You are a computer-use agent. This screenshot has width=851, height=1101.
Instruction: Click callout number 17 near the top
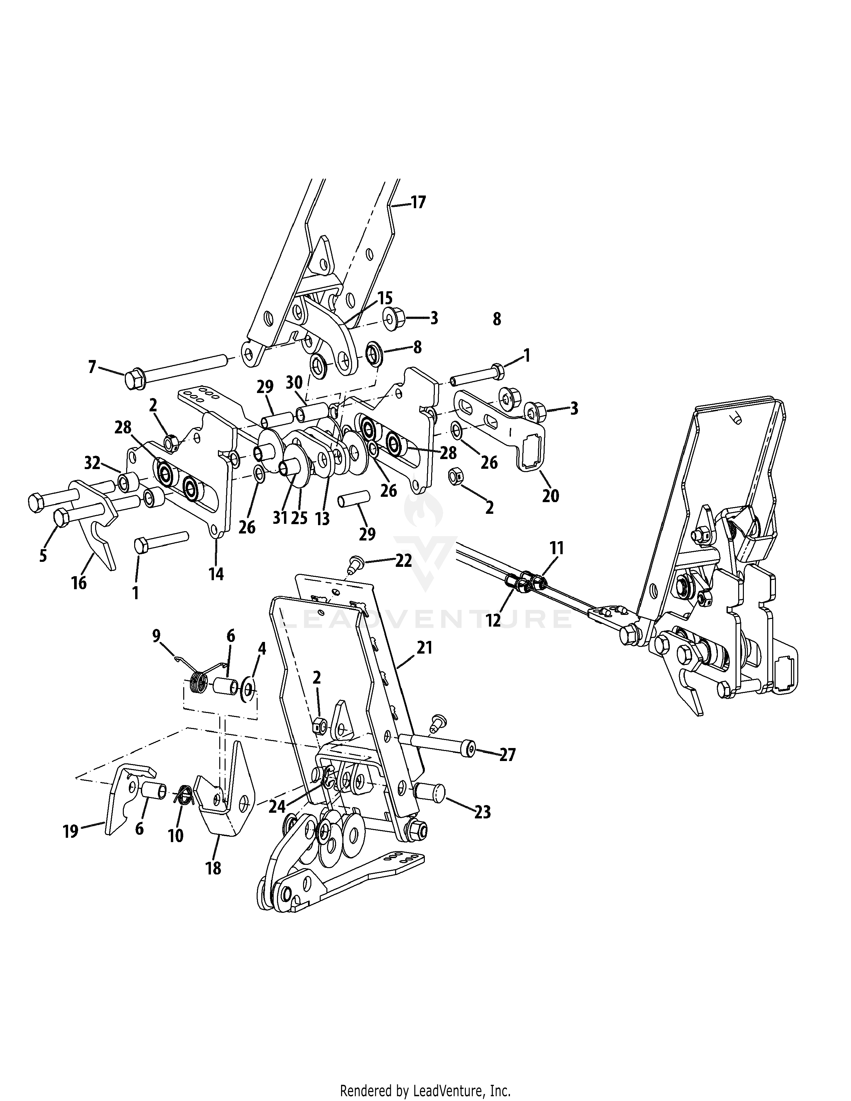coord(418,203)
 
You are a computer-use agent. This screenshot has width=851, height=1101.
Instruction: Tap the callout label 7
coord(92,366)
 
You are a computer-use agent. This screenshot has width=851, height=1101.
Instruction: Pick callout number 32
coord(92,462)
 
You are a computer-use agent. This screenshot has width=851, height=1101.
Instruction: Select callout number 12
coord(494,620)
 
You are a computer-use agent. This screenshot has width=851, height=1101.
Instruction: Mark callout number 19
coord(70,831)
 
